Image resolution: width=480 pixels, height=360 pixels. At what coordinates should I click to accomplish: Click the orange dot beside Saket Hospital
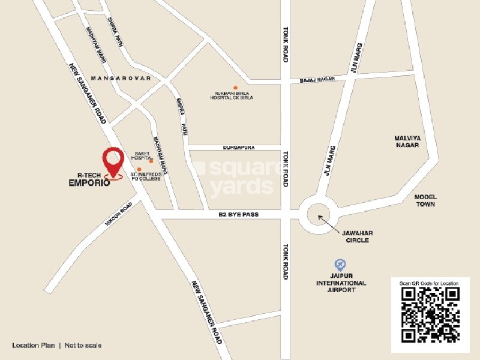pos(151,161)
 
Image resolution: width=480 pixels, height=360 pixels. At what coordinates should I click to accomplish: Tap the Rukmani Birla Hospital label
pos(235,96)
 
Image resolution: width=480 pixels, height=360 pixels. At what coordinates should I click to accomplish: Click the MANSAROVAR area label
pos(121,79)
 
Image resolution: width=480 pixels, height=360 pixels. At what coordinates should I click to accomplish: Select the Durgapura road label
pos(222,147)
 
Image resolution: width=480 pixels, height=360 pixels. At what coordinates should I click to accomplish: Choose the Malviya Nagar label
pos(408,142)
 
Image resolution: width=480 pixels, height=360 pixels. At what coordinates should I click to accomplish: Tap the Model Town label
pos(425,200)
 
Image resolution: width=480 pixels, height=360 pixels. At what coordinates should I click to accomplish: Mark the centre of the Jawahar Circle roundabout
pos(318,214)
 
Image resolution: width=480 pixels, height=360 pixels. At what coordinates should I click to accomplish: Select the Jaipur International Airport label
pos(342,283)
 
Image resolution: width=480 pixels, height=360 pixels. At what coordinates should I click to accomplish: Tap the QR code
pos(430,314)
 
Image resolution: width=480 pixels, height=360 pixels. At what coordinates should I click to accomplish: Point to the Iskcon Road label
pos(119,212)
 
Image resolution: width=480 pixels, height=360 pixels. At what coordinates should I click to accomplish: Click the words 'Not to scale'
pos(83,345)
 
